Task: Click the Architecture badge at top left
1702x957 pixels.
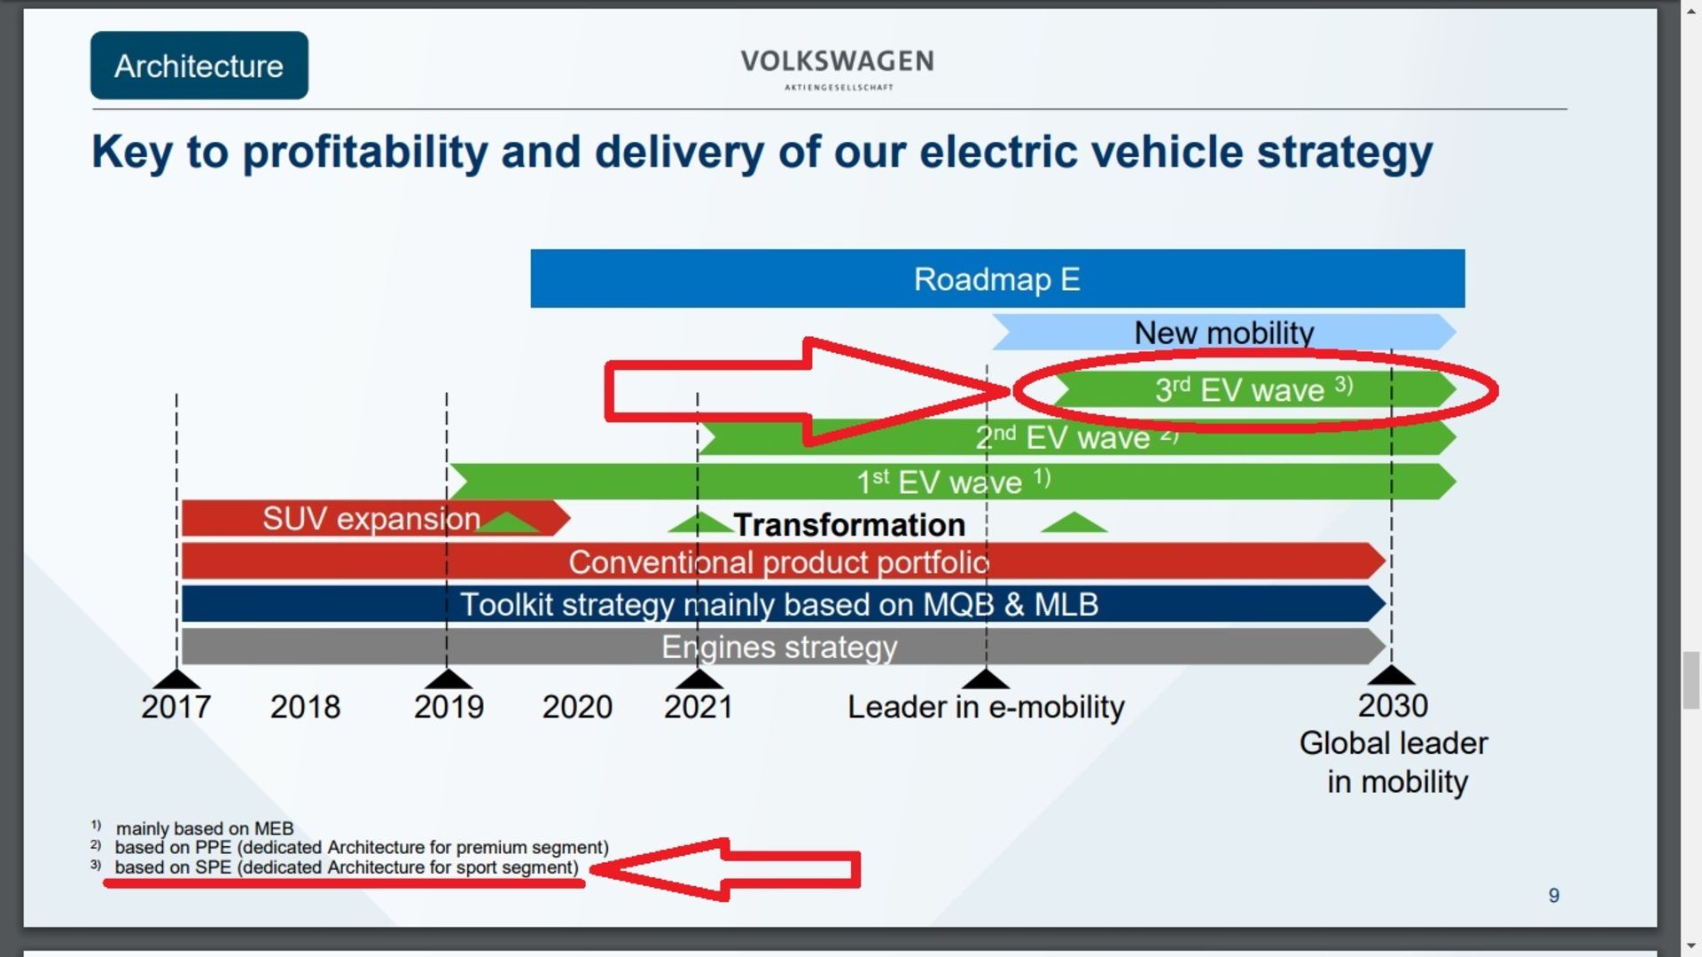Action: (x=199, y=66)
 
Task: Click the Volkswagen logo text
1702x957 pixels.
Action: (x=837, y=62)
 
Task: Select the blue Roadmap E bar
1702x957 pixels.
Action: (x=996, y=279)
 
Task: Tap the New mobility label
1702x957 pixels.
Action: (x=1224, y=333)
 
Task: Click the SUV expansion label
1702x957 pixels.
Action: (x=371, y=519)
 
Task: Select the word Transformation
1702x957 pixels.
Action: (x=849, y=525)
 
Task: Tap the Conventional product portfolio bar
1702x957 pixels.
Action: (x=778, y=562)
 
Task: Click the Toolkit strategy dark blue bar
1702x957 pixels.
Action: (x=778, y=605)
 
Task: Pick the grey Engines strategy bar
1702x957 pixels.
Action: (x=778, y=647)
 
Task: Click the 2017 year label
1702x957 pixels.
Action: (x=176, y=707)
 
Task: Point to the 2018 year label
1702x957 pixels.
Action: (x=305, y=707)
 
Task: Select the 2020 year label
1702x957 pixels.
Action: (x=577, y=707)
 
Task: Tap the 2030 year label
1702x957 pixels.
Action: (x=1393, y=706)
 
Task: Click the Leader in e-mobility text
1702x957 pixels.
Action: (x=986, y=707)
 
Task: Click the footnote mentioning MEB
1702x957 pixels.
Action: (x=204, y=828)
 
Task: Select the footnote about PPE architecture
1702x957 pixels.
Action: (x=362, y=848)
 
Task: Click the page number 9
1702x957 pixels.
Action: (x=1553, y=896)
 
